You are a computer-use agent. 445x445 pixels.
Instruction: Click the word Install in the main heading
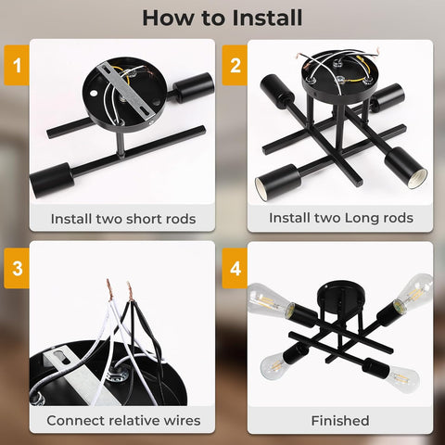coord(267,18)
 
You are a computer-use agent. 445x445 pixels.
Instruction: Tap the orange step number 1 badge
coord(17,65)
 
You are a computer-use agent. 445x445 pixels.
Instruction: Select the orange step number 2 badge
coord(235,65)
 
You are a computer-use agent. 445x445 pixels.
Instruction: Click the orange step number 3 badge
coord(17,268)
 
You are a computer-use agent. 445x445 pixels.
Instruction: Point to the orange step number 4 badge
coord(235,268)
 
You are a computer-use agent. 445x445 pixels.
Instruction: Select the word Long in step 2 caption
coord(360,218)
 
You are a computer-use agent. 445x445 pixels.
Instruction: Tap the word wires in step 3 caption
coord(182,421)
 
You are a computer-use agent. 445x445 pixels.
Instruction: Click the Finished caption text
coord(340,421)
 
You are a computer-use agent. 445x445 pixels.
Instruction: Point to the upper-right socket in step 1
coord(194,87)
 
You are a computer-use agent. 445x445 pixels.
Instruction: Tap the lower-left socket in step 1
coord(53,180)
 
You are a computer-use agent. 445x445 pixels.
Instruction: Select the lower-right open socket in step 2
coord(407,168)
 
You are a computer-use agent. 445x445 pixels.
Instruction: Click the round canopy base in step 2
coord(340,77)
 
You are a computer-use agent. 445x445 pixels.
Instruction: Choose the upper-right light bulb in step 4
coord(413,291)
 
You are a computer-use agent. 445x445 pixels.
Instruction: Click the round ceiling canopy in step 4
coord(341,294)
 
